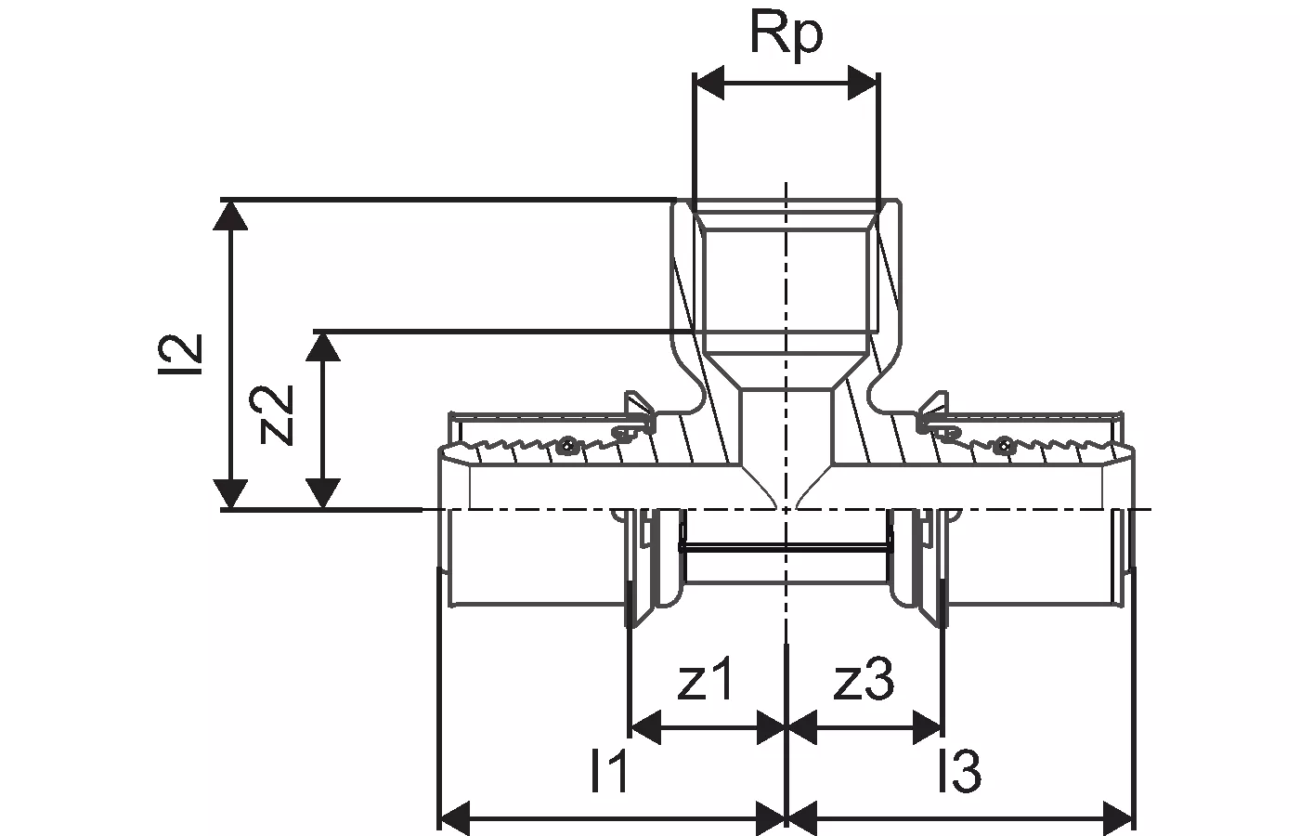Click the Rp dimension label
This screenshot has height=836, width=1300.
(x=786, y=38)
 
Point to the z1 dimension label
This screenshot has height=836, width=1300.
(x=706, y=683)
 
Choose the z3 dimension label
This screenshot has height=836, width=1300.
(x=864, y=683)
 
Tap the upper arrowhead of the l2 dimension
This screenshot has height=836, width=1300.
(x=230, y=214)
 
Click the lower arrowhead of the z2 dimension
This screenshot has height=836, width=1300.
(x=322, y=493)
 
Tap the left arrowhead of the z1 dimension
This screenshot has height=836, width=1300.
(x=645, y=728)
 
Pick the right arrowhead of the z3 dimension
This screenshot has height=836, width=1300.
(x=927, y=728)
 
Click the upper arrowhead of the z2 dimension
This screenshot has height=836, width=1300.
(x=322, y=346)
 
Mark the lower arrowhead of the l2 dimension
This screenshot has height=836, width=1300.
(x=230, y=493)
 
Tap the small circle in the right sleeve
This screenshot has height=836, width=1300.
(x=1005, y=446)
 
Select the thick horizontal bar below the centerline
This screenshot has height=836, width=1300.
(x=786, y=549)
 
